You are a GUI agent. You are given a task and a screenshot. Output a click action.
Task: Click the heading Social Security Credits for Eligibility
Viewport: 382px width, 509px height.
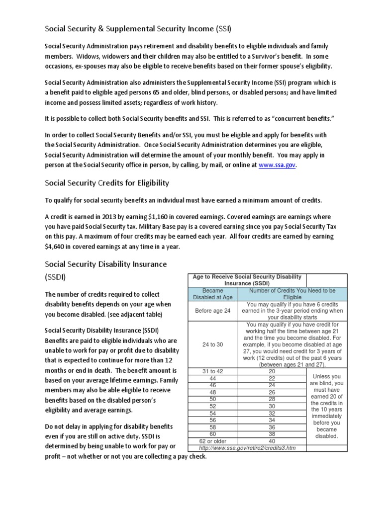pyautogui.click(x=107, y=183)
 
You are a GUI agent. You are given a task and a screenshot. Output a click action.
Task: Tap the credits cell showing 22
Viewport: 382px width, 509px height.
pyautogui.click(x=272, y=378)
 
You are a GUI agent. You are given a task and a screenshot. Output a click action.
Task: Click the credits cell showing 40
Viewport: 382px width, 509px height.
pyautogui.click(x=272, y=440)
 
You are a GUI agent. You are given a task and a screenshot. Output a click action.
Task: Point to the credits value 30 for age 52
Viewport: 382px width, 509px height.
pyautogui.click(x=272, y=406)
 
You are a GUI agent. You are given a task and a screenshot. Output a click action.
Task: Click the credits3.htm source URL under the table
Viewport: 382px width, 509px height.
pyautogui.click(x=247, y=448)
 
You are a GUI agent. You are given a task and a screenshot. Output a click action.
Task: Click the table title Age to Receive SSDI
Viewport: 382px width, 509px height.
pyautogui.click(x=247, y=279)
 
